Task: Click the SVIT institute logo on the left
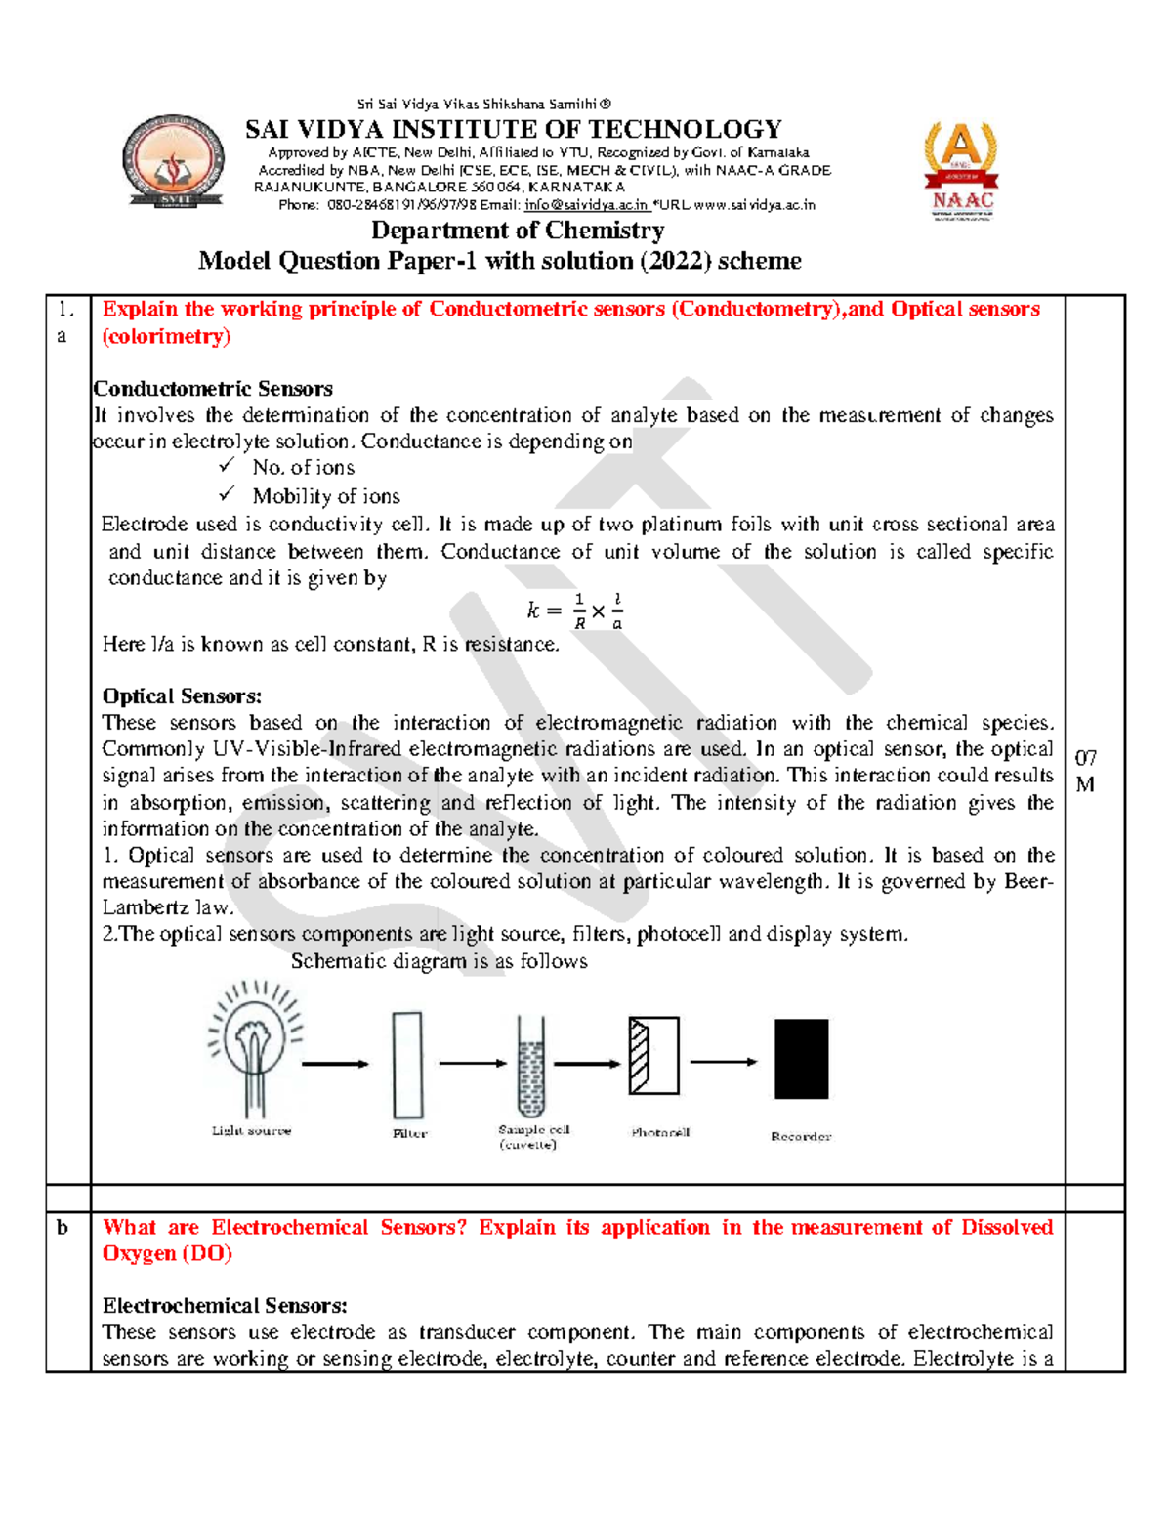174,161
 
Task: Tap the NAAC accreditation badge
961,170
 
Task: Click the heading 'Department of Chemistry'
518,231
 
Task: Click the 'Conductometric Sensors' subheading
213,389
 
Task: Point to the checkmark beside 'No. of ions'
227,466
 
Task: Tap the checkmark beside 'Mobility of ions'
227,494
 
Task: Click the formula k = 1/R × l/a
575,611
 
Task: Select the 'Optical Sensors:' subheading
182,696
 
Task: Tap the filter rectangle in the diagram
408,1065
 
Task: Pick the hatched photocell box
653,1056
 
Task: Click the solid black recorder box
801,1059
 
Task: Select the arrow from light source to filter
335,1064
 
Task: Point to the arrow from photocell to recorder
724,1062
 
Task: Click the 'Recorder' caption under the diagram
801,1136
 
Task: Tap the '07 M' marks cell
1086,771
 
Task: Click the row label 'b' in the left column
63,1228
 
